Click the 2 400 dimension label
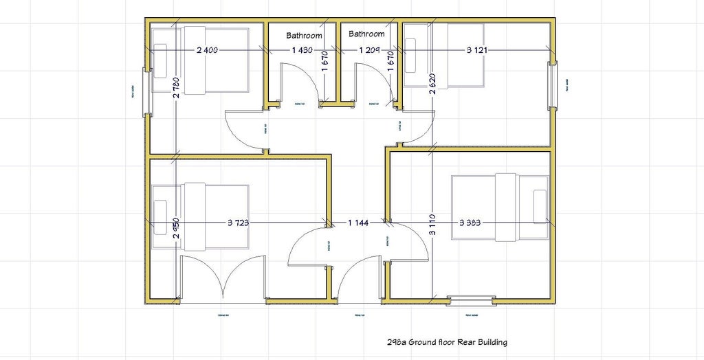(208, 51)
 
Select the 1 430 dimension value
(302, 51)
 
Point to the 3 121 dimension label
(478, 51)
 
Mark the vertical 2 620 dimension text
(432, 88)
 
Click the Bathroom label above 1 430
(304, 35)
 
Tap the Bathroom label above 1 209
(366, 34)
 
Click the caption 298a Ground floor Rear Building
(447, 341)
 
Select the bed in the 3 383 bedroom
(500, 207)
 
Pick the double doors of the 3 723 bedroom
(222, 278)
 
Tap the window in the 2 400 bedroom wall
(145, 91)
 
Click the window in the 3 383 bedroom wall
(471, 300)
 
